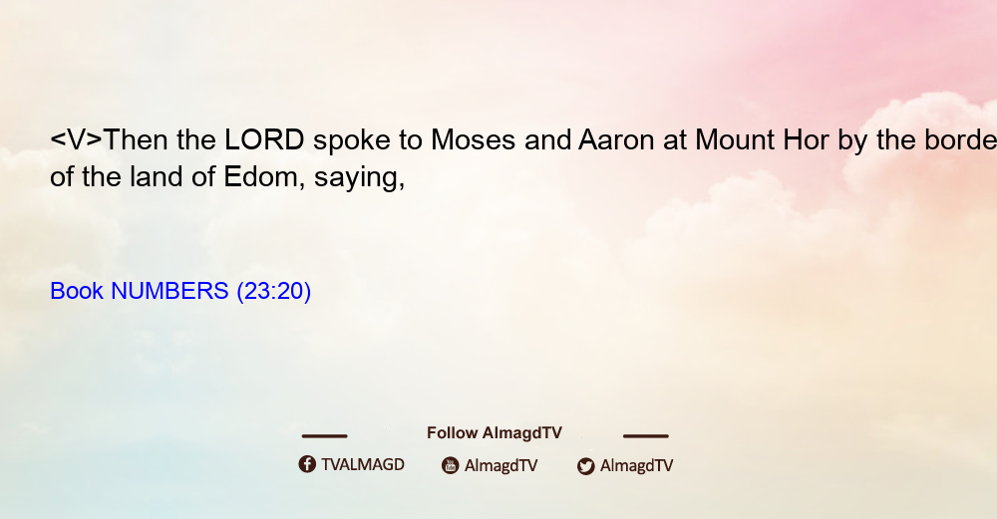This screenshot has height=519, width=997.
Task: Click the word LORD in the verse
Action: pyautogui.click(x=264, y=139)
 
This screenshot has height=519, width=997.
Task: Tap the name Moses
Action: pyautogui.click(x=473, y=139)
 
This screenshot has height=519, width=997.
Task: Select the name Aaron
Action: pyautogui.click(x=616, y=139)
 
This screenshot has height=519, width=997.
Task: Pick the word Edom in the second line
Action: pyautogui.click(x=260, y=176)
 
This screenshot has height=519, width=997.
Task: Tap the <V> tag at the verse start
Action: pyautogui.click(x=76, y=139)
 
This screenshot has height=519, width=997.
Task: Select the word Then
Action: pyautogui.click(x=136, y=139)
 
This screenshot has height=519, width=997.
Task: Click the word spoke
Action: pyautogui.click(x=352, y=141)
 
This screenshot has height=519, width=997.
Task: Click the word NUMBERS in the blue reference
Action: pyautogui.click(x=169, y=291)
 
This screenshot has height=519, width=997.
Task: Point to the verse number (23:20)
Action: pyautogui.click(x=274, y=291)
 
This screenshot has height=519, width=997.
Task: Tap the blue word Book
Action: pyautogui.click(x=77, y=291)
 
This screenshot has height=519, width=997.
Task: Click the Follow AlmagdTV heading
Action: pyautogui.click(x=495, y=433)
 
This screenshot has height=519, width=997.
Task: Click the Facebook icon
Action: pyautogui.click(x=307, y=464)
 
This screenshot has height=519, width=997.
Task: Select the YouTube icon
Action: pyautogui.click(x=451, y=465)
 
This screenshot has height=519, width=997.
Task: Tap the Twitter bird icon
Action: pyautogui.click(x=586, y=466)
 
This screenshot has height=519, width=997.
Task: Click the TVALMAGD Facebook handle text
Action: pyautogui.click(x=363, y=465)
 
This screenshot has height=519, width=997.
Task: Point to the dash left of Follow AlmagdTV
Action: pyautogui.click(x=324, y=436)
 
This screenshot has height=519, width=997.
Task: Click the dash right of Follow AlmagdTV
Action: pyautogui.click(x=646, y=436)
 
